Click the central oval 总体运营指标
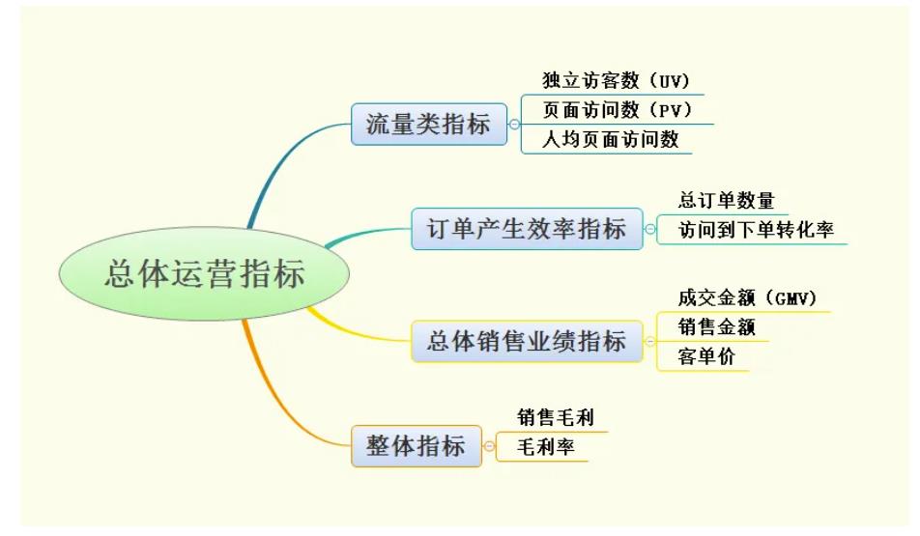pyautogui.click(x=204, y=274)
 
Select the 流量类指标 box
pyautogui.click(x=429, y=125)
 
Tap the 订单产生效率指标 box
pyautogui.click(x=527, y=229)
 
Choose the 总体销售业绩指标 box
pyautogui.click(x=527, y=341)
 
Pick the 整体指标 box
pyautogui.click(x=416, y=446)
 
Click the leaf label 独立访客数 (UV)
pyautogui.click(x=617, y=80)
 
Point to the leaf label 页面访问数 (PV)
pyautogui.click(x=618, y=110)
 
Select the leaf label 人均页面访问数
pyautogui.click(x=610, y=140)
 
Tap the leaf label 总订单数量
pyautogui.click(x=727, y=201)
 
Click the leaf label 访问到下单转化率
pyautogui.click(x=756, y=230)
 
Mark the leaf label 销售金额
pyautogui.click(x=716, y=327)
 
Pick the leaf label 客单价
pyautogui.click(x=706, y=356)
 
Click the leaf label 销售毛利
pyautogui.click(x=556, y=417)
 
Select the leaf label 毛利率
pyautogui.click(x=546, y=447)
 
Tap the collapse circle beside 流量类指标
pyautogui.click(x=514, y=125)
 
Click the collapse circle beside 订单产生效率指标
pyautogui.click(x=650, y=229)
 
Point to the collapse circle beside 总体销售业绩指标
pyautogui.click(x=650, y=341)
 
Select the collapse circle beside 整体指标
pyautogui.click(x=489, y=446)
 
